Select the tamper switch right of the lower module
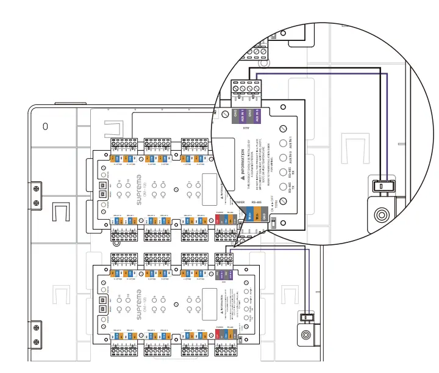pyautogui.click(x=307, y=316)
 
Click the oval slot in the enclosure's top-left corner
pyautogui.click(x=45, y=127)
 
